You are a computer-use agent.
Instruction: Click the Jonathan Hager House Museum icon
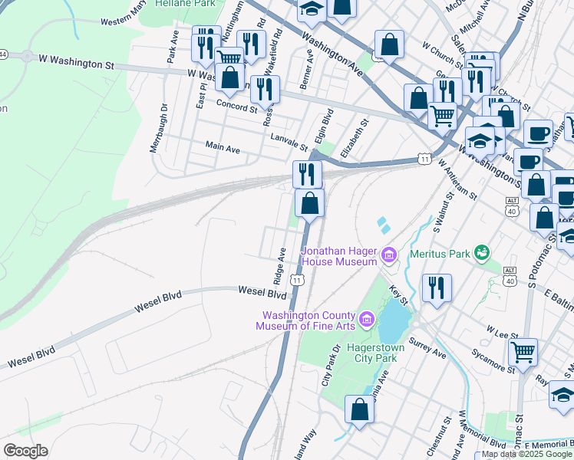389,255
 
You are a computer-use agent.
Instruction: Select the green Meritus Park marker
482,251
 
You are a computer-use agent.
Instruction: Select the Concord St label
236,105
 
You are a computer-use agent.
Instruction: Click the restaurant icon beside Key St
437,287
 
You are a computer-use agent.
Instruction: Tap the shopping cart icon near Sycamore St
523,352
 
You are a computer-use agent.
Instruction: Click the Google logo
25,450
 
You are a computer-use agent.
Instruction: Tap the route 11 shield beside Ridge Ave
297,281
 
